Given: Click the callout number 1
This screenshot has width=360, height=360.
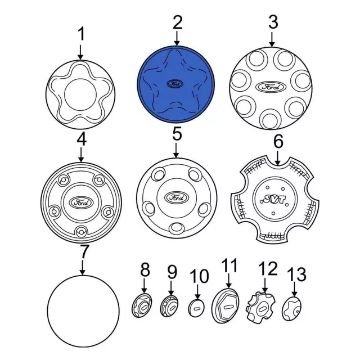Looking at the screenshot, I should coord(81,35).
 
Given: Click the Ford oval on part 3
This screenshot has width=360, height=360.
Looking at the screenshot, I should coord(271,87).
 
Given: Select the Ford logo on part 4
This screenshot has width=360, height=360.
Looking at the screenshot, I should coord(81,202).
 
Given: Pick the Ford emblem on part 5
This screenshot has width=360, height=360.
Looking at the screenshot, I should coord(175,198).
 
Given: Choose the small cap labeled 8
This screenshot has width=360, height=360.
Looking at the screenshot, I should coord(142,307).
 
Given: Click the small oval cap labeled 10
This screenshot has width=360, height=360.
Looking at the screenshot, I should coord(197,307).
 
